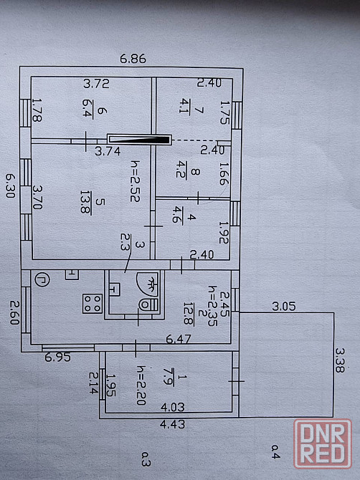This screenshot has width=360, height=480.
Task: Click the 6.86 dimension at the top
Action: point(133,59)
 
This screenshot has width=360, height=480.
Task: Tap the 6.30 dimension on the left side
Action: point(11,186)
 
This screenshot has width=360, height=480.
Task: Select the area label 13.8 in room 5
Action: point(85,203)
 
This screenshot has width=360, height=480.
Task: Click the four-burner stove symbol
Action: point(93,303)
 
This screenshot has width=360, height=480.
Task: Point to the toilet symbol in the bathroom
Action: point(149,304)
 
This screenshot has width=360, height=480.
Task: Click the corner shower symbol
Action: point(148,284)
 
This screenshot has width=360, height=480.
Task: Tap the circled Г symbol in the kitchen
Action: point(42,280)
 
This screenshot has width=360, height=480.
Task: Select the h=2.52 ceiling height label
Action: point(135,181)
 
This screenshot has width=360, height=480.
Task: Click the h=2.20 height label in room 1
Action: point(141,385)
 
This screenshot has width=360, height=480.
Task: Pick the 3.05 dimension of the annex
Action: point(284,306)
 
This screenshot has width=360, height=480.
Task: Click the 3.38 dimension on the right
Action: point(340,360)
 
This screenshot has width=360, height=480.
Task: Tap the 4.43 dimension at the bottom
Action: point(173,424)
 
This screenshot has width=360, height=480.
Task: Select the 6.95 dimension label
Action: point(57,357)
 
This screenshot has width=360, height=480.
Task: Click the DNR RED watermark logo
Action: point(323,444)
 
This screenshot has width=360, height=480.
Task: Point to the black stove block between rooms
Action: point(139,140)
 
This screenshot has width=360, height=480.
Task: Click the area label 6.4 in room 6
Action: point(87,110)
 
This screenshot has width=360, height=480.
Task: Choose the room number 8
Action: point(195,171)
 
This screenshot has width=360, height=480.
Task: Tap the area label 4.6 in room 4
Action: point(178,215)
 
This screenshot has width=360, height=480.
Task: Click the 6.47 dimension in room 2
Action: point(179,339)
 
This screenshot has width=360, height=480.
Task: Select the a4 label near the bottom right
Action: point(275,451)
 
